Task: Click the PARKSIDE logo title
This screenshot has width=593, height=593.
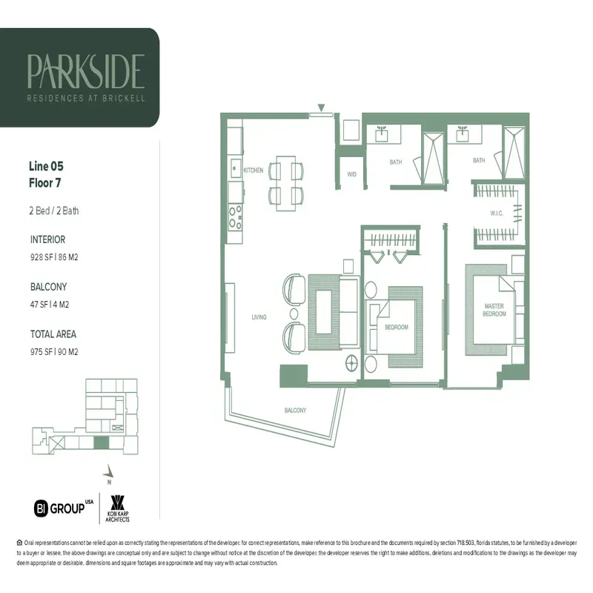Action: click(x=85, y=71)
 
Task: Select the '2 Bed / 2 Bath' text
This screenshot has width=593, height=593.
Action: click(x=54, y=211)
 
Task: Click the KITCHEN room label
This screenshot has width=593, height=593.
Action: click(x=253, y=170)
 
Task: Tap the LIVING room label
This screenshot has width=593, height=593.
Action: click(x=258, y=317)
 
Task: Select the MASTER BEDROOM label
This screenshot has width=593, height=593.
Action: click(x=494, y=310)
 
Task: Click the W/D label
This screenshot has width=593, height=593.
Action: click(x=352, y=175)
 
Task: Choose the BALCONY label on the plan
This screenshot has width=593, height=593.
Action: click(x=296, y=410)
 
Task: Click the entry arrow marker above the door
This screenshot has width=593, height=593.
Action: click(x=321, y=108)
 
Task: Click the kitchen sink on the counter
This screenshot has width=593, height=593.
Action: click(x=234, y=167)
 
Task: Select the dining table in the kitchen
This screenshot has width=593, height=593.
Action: click(x=286, y=182)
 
